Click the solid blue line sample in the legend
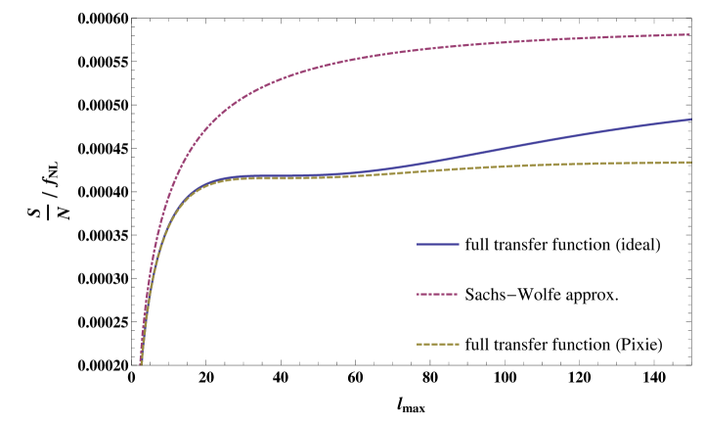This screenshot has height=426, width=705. (x=438, y=244)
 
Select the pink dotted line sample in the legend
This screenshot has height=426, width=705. (x=438, y=294)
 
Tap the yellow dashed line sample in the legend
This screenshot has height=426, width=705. (x=438, y=345)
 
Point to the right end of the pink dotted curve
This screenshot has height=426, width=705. (x=690, y=34)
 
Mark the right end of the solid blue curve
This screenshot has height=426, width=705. (x=690, y=118)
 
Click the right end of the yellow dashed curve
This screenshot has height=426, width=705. (x=690, y=162)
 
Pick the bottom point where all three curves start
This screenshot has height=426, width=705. (x=141, y=364)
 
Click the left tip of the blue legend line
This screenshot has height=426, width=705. (x=418, y=244)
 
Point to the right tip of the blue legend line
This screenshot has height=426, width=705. (x=459, y=244)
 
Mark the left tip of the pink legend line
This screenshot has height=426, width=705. (x=418, y=294)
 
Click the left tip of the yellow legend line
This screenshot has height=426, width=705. (x=418, y=345)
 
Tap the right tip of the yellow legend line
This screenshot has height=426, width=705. (x=459, y=345)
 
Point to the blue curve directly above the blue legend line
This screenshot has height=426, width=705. (x=438, y=160)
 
